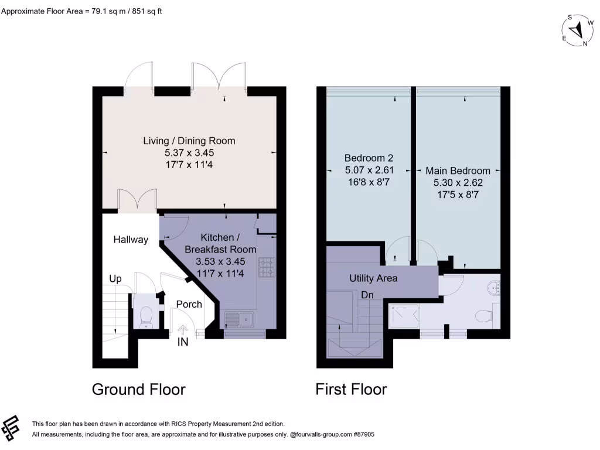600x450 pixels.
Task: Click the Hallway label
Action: (131, 240)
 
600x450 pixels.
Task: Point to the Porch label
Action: (189, 304)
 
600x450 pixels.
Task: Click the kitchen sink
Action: (238, 320)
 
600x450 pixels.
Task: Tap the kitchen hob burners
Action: (266, 268)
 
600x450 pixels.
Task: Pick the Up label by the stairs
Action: (115, 279)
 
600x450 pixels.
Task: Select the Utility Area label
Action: (373, 278)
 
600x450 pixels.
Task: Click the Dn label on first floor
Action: (367, 295)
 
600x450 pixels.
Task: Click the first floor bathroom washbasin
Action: (494, 287)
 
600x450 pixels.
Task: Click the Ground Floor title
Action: (139, 389)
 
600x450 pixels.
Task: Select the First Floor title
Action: (351, 389)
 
